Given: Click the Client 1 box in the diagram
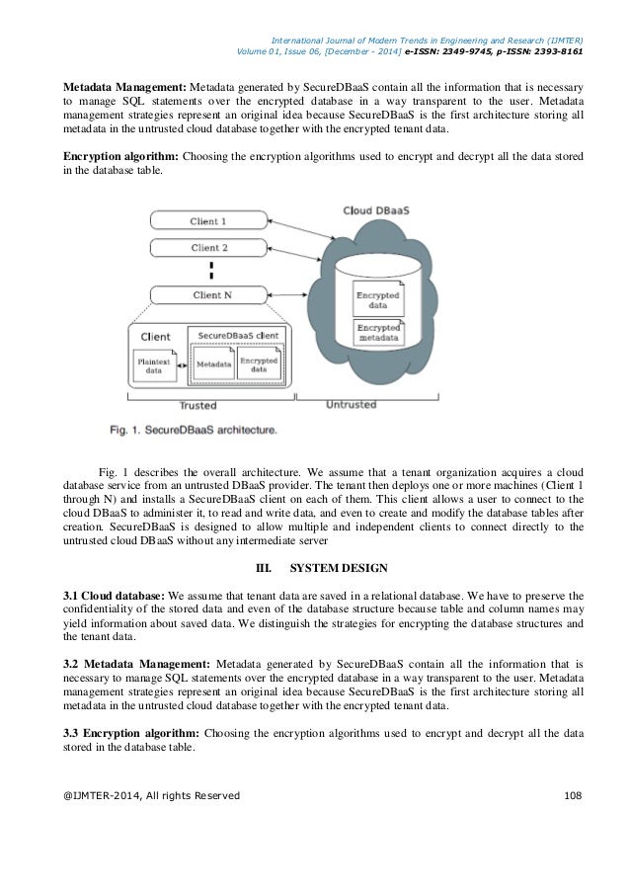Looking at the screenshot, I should tap(207, 221).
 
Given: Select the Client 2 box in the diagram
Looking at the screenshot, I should tap(207, 248).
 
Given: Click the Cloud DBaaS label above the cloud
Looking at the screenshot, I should tap(376, 211).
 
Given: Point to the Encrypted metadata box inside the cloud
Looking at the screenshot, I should tap(379, 333).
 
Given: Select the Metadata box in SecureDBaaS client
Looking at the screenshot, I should tap(213, 364).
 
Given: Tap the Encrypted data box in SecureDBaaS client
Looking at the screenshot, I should tap(259, 363).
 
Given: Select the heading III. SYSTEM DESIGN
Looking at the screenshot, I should tap(314, 568).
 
